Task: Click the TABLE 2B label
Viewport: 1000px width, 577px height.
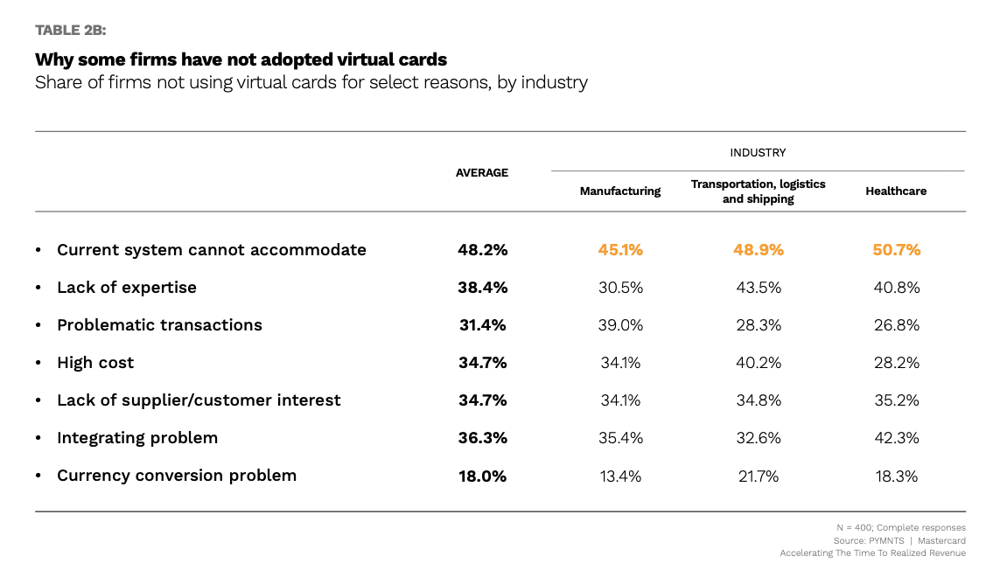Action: click(x=71, y=31)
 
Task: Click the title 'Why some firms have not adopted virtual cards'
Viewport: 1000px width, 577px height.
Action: click(x=241, y=60)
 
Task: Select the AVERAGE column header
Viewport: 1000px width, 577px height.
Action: click(x=481, y=173)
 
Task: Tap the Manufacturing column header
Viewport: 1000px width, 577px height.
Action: click(x=620, y=191)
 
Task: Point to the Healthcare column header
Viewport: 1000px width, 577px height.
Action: click(x=896, y=191)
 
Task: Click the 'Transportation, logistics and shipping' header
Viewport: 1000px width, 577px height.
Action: click(x=758, y=191)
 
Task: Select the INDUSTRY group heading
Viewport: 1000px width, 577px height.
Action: click(x=758, y=153)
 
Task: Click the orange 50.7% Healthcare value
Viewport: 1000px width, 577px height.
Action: click(x=896, y=250)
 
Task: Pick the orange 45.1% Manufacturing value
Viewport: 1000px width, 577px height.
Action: click(x=620, y=250)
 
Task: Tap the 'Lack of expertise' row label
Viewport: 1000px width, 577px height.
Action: click(x=127, y=288)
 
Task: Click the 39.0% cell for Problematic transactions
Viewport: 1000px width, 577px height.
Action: click(x=620, y=325)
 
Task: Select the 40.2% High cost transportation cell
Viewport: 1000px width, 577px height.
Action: click(x=758, y=363)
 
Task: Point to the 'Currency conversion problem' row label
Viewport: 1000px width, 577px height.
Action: click(x=177, y=476)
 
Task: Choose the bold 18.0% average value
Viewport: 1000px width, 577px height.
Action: click(x=481, y=476)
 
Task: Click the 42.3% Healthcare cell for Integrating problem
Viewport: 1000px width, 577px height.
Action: click(x=896, y=438)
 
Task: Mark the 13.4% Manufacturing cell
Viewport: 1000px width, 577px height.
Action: click(x=620, y=476)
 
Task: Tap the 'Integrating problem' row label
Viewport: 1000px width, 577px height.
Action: click(x=137, y=438)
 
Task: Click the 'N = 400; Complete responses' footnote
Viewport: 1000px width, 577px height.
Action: click(x=901, y=528)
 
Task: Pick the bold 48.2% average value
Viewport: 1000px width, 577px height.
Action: click(x=482, y=250)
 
